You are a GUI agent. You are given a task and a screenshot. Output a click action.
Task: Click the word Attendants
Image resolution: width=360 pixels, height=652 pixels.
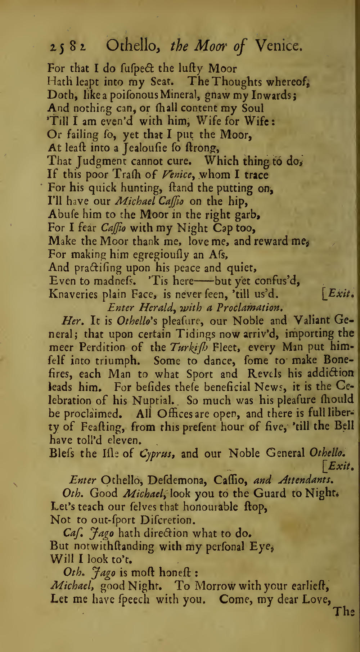[307, 480]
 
